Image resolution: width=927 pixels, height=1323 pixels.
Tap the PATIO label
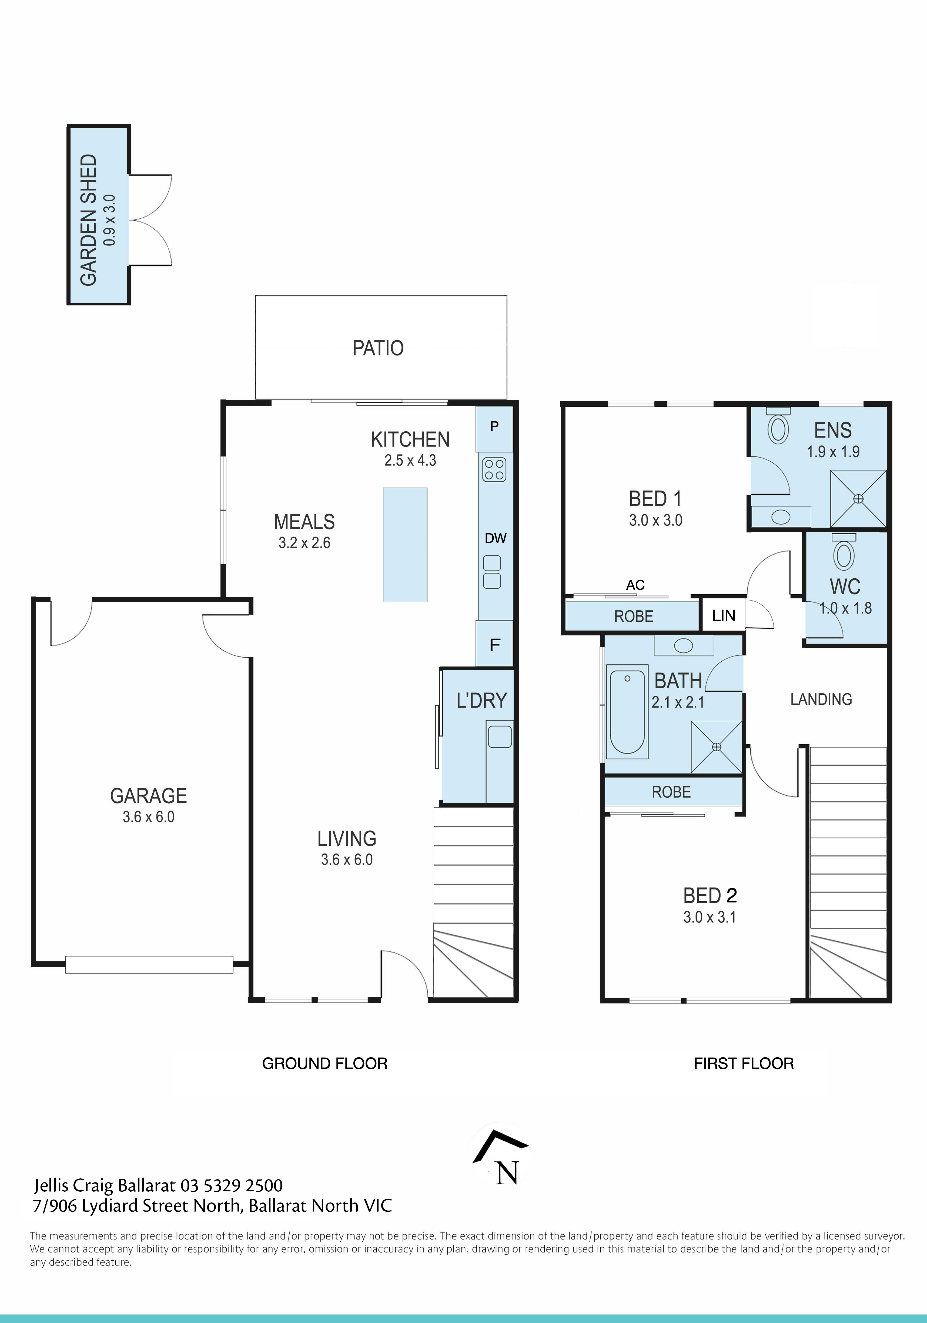pos(378,348)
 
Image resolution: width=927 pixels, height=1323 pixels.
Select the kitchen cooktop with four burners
pos(494,469)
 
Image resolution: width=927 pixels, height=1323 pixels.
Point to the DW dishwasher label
pos(495,538)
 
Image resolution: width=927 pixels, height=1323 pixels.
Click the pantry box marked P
pos(494,427)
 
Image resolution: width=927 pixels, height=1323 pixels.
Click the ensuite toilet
pos(778,427)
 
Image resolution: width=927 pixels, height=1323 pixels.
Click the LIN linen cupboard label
pos(724,615)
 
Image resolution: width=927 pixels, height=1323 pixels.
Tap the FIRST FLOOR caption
pos(743,1063)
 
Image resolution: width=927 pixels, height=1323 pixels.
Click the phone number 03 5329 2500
pos(232,1185)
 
